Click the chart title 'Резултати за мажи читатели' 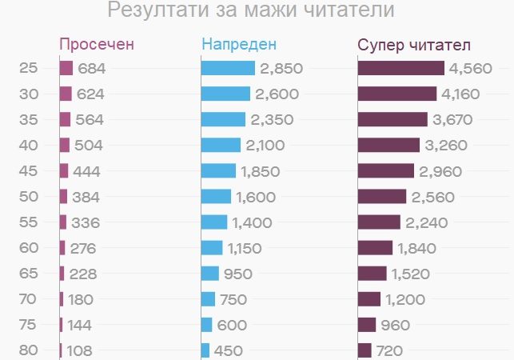coord(250,11)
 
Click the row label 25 coord(29,69)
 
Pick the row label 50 coord(29,197)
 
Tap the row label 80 coord(29,350)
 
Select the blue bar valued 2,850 coord(228,69)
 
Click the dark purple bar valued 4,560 coord(400,69)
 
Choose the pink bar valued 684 coord(66,69)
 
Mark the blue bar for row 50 coord(216,197)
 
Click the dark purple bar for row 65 coord(373,274)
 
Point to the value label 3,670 coord(452,120)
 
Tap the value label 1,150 coord(244,248)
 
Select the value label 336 coord(85,222)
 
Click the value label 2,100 coord(265,146)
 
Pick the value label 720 coord(390,350)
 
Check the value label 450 coord(228,350)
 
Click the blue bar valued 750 coord(209,299)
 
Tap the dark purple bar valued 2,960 coord(386,171)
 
